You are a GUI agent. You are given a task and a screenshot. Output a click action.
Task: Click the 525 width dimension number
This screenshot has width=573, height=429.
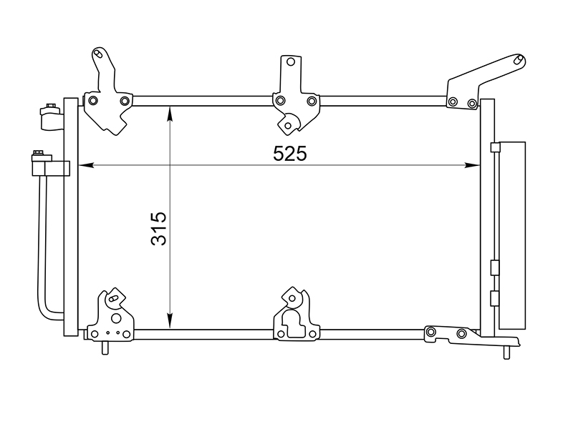pyautogui.click(x=289, y=154)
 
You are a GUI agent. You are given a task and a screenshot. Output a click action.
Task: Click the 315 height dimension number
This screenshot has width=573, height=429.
pyautogui.click(x=158, y=228)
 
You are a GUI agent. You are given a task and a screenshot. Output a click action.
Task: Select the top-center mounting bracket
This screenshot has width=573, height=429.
pyautogui.click(x=294, y=100)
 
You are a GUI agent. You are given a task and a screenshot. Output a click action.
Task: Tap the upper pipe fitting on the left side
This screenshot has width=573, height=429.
pyautogui.click(x=50, y=117)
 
